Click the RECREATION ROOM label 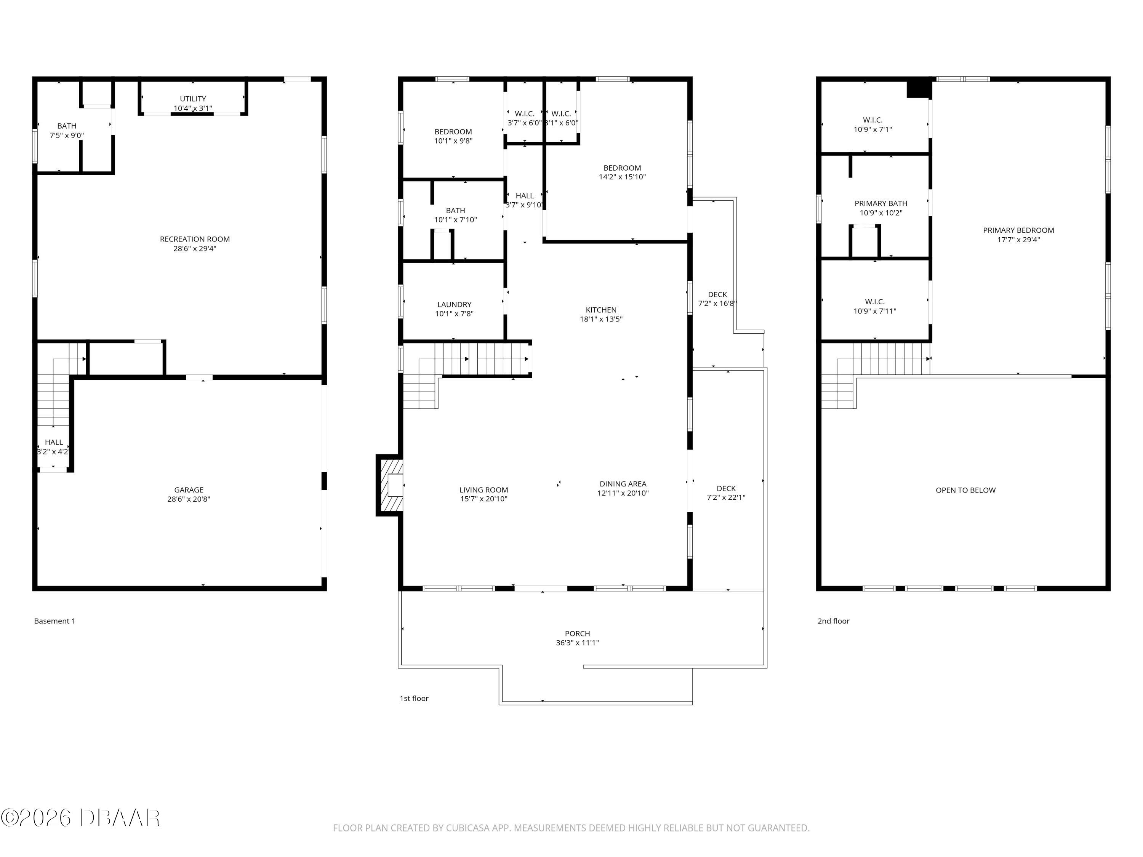point(194,239)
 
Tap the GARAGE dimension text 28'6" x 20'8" point(189,499)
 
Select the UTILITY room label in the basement point(193,99)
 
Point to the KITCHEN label point(601,310)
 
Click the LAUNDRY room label point(454,305)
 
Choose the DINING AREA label point(623,484)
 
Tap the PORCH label point(577,634)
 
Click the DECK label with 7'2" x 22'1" point(726,489)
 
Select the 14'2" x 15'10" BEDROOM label point(622,168)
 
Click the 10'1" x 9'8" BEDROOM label point(453,132)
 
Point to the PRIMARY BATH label point(880,203)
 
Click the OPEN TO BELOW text point(965,490)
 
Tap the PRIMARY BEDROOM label point(1018,230)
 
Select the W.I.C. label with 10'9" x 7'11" point(874,302)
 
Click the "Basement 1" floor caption point(55,621)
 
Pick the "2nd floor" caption point(833,621)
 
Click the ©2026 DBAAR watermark point(80,818)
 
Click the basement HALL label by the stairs point(54,442)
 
